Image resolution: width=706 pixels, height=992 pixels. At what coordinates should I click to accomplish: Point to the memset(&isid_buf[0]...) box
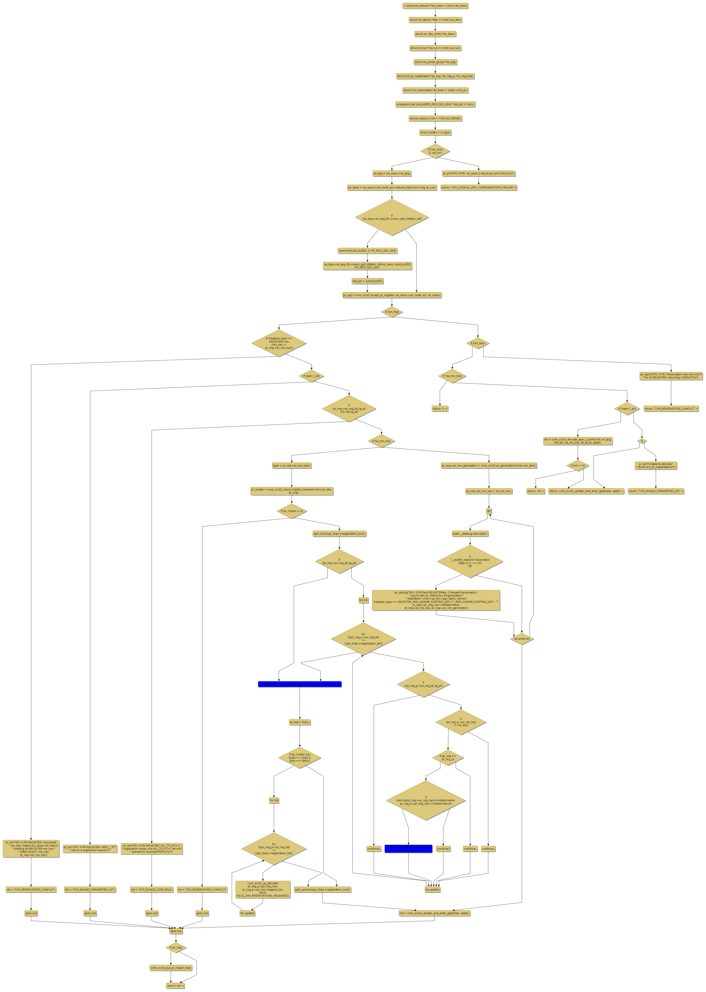[x=367, y=251]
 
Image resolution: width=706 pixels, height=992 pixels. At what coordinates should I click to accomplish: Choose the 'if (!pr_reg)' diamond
[x=392, y=312]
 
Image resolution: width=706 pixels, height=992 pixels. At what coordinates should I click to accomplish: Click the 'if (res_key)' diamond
[x=478, y=343]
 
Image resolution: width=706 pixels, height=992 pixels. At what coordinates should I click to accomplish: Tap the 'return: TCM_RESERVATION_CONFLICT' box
[x=671, y=409]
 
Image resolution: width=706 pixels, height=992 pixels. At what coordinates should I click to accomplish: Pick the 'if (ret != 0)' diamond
[x=578, y=466]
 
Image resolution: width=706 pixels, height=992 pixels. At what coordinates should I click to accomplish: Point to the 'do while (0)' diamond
[x=522, y=639]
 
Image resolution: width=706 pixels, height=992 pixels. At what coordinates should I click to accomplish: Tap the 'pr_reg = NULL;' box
[x=300, y=722]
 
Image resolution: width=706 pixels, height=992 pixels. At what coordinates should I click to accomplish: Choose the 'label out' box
[x=176, y=931]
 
